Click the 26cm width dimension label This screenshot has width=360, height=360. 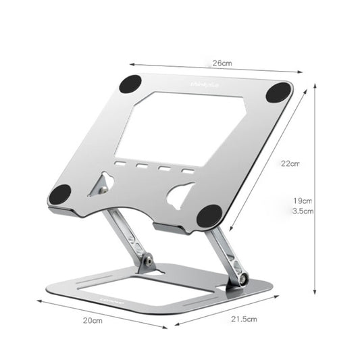(x=222, y=63)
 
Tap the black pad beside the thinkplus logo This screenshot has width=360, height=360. (x=130, y=84)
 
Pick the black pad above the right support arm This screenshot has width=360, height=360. (x=209, y=215)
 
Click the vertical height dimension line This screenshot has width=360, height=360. (x=315, y=189)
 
